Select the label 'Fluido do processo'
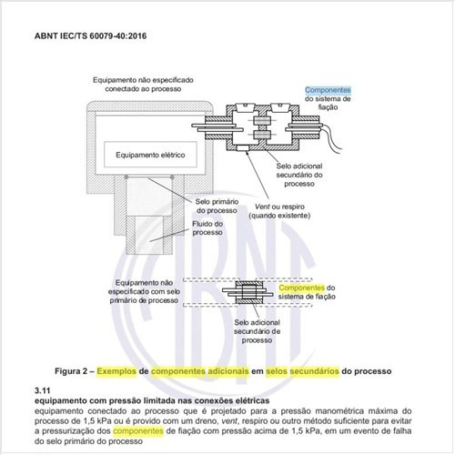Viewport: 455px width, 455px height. pos(212,230)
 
